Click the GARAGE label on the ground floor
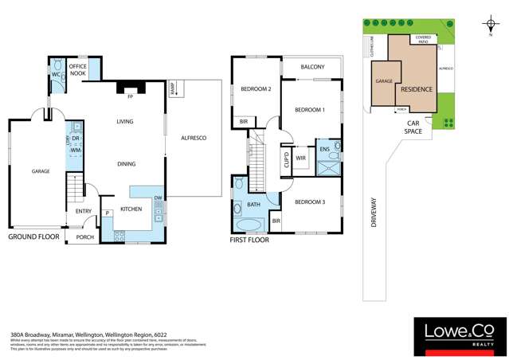(x=40, y=171)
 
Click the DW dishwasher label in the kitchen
(x=158, y=198)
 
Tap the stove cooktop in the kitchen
(x=119, y=235)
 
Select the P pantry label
(x=106, y=213)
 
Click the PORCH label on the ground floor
(x=84, y=237)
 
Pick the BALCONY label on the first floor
(x=311, y=67)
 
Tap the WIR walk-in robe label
(x=301, y=158)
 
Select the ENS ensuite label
(x=324, y=149)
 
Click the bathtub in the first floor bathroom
(x=240, y=211)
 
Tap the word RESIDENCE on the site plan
(x=417, y=88)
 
